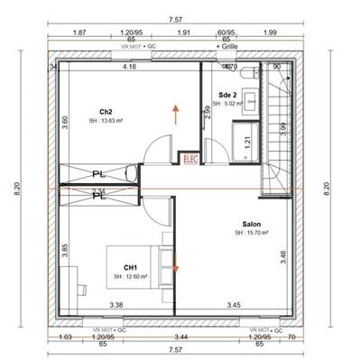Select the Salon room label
point(253,224)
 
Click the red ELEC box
point(190,158)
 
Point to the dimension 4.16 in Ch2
point(129,67)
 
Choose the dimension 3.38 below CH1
point(116,306)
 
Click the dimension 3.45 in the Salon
point(235,306)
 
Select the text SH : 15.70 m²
point(253,234)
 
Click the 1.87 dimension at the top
point(79,32)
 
